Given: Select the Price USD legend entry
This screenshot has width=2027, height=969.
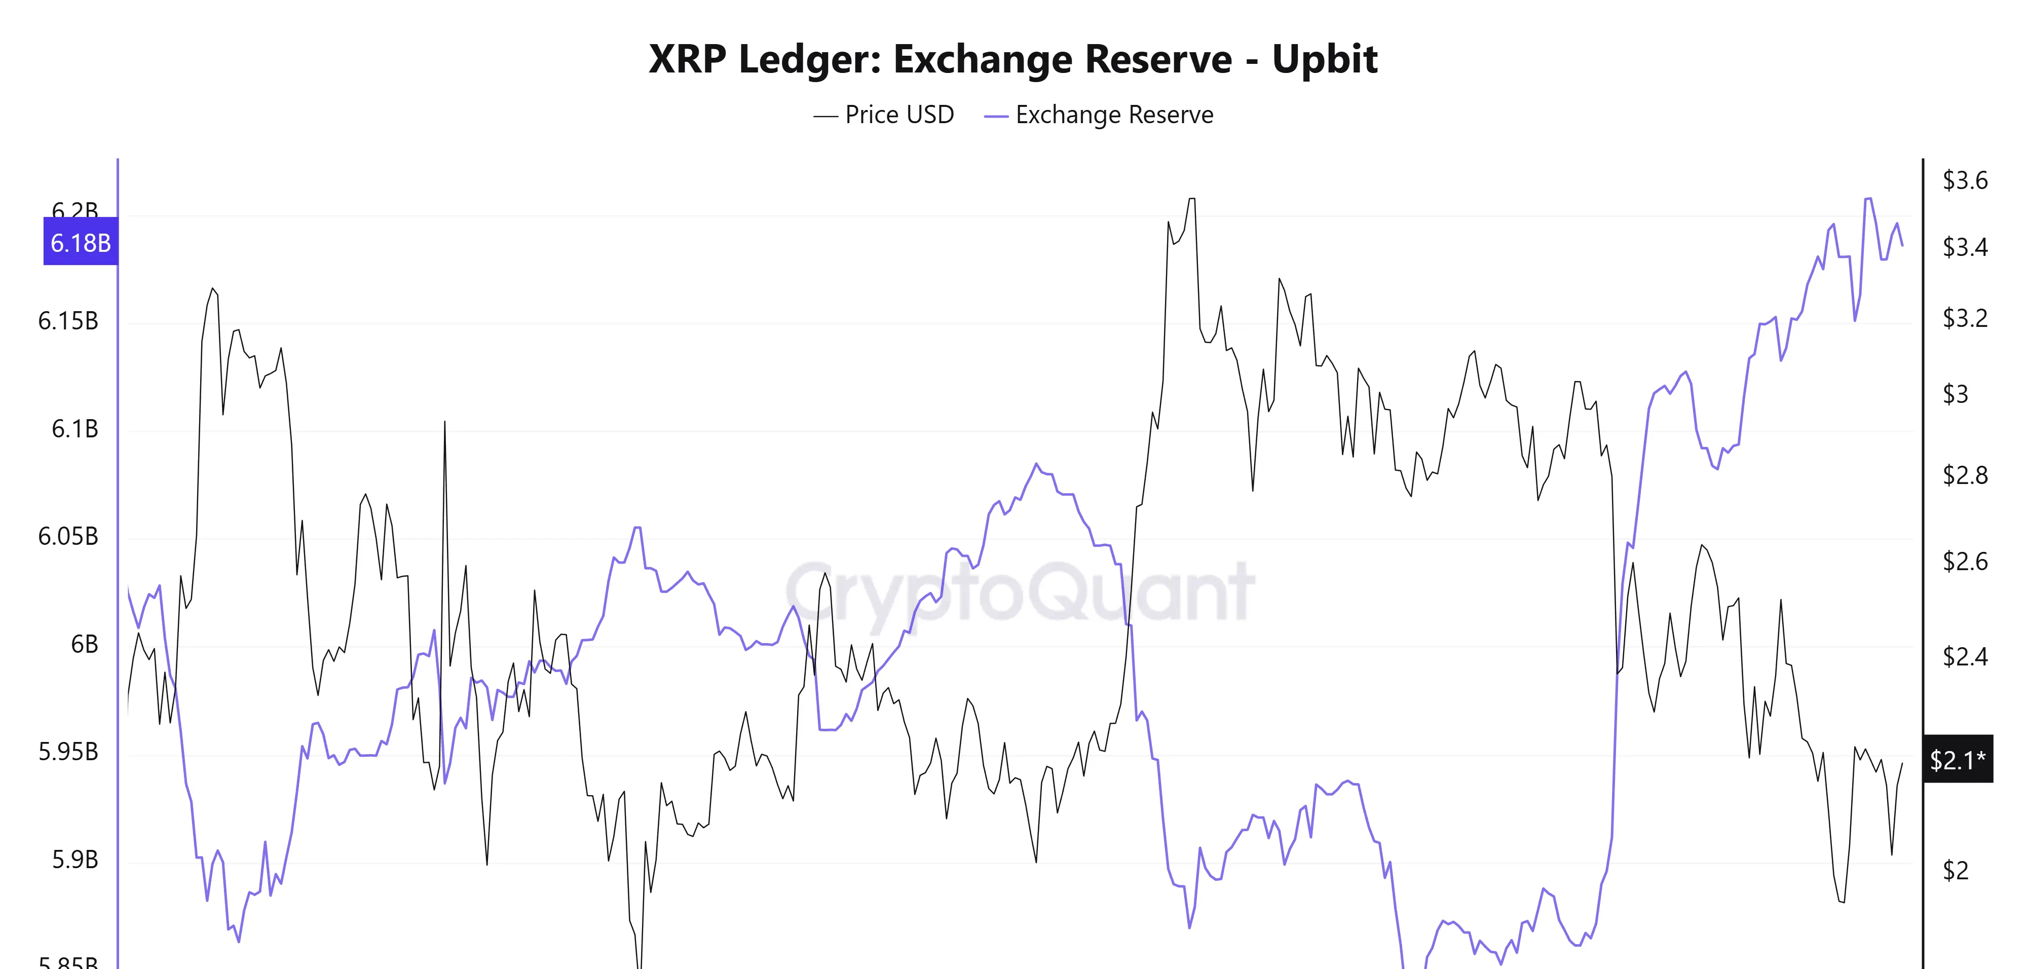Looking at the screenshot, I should click(884, 115).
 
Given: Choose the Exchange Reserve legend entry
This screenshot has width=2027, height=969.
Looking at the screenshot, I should click(1099, 115).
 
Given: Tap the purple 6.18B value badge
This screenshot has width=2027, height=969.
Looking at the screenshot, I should click(80, 242).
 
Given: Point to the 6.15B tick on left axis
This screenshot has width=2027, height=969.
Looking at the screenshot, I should click(68, 321).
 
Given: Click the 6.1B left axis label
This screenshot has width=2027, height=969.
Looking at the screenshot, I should click(75, 429).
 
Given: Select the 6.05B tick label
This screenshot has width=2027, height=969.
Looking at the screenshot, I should click(68, 537).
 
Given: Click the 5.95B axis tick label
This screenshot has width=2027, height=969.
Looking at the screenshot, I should click(68, 752).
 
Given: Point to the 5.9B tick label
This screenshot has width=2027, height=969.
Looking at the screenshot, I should click(75, 860).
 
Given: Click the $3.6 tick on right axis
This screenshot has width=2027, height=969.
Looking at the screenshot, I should click(1965, 180).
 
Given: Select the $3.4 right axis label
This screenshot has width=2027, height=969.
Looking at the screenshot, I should click(1965, 247).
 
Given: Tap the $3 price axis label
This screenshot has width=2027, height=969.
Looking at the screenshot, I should click(1956, 394).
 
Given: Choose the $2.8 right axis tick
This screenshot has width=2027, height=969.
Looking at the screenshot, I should click(1965, 475).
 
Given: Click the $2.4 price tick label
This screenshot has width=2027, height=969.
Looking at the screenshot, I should click(1965, 656).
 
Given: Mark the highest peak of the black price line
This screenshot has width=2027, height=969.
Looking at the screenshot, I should click(1191, 199).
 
